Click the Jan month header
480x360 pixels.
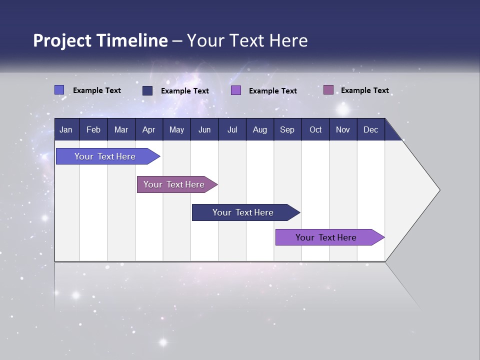[x=66, y=129]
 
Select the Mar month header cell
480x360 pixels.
[x=121, y=129]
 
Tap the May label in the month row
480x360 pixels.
[x=176, y=129]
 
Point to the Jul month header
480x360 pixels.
[x=232, y=129]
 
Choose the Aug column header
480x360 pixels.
[x=259, y=129]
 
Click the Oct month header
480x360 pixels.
[x=315, y=129]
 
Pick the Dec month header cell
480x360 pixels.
[x=370, y=129]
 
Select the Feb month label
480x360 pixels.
[x=93, y=129]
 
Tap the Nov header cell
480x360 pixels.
[x=342, y=129]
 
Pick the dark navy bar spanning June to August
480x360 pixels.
[x=243, y=212]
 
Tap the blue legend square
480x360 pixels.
[x=59, y=90]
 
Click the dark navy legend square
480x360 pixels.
[x=147, y=90]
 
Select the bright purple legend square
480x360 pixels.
[x=236, y=90]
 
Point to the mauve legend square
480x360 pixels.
[x=328, y=90]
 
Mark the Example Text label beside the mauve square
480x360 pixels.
[x=364, y=90]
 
